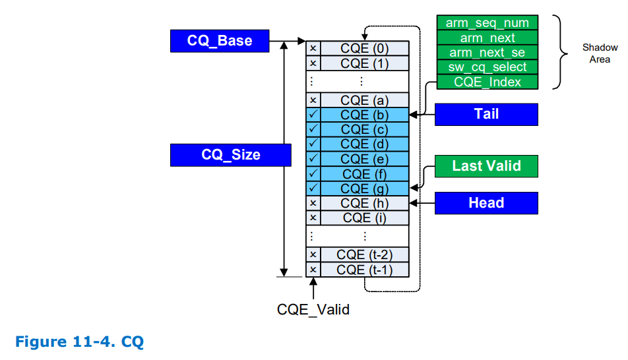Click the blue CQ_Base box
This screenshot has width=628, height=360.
click(220, 41)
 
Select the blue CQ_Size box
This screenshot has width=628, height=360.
click(230, 155)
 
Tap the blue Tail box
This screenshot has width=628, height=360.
click(486, 114)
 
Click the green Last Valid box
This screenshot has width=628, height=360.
click(486, 166)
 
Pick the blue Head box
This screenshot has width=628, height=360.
click(486, 203)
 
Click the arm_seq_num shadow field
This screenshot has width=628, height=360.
click(487, 23)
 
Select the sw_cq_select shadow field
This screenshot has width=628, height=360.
click(487, 67)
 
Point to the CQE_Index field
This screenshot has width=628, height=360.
click(487, 82)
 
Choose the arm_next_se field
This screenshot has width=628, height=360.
click(487, 53)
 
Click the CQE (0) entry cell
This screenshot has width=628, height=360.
click(364, 48)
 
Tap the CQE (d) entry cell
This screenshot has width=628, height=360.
click(364, 144)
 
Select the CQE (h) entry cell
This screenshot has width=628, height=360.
click(364, 203)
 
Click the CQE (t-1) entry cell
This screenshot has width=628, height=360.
click(364, 270)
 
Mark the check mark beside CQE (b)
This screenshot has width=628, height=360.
click(313, 115)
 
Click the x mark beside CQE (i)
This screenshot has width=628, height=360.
click(313, 218)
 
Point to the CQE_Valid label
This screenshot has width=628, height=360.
click(313, 309)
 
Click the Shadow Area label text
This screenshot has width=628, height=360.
click(600, 53)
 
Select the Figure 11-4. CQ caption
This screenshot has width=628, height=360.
click(79, 342)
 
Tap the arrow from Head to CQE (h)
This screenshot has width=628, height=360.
click(422, 203)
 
